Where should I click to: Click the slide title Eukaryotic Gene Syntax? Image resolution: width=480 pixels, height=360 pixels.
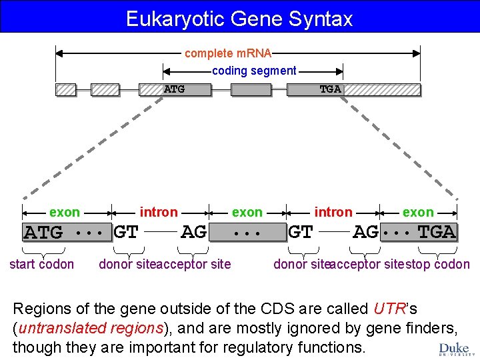[239, 18]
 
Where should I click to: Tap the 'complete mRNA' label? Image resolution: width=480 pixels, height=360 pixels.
[227, 53]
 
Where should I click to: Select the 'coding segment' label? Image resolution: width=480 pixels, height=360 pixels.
[254, 70]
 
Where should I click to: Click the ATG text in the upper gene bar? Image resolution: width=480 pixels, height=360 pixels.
[174, 89]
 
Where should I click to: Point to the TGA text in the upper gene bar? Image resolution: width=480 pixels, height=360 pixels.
[330, 89]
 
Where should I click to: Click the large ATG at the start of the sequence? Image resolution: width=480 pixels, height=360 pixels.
[43, 233]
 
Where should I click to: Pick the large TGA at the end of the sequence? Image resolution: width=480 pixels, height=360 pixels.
[437, 232]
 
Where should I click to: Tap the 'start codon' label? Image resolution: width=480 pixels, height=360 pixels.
[41, 264]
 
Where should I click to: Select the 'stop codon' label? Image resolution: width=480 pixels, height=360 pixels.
[437, 264]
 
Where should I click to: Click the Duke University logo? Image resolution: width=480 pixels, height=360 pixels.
[455, 349]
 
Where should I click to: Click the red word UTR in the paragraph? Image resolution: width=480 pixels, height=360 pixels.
[386, 309]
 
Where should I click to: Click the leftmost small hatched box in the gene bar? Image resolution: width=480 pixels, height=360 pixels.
[65, 89]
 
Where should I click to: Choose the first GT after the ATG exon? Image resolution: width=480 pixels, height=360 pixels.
[126, 233]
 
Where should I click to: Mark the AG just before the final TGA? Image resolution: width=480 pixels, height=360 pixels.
[365, 232]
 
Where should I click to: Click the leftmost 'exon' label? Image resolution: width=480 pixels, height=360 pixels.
[65, 212]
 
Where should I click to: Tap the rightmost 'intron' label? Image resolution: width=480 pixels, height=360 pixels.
[333, 212]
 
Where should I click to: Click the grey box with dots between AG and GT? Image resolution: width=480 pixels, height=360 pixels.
[247, 233]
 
